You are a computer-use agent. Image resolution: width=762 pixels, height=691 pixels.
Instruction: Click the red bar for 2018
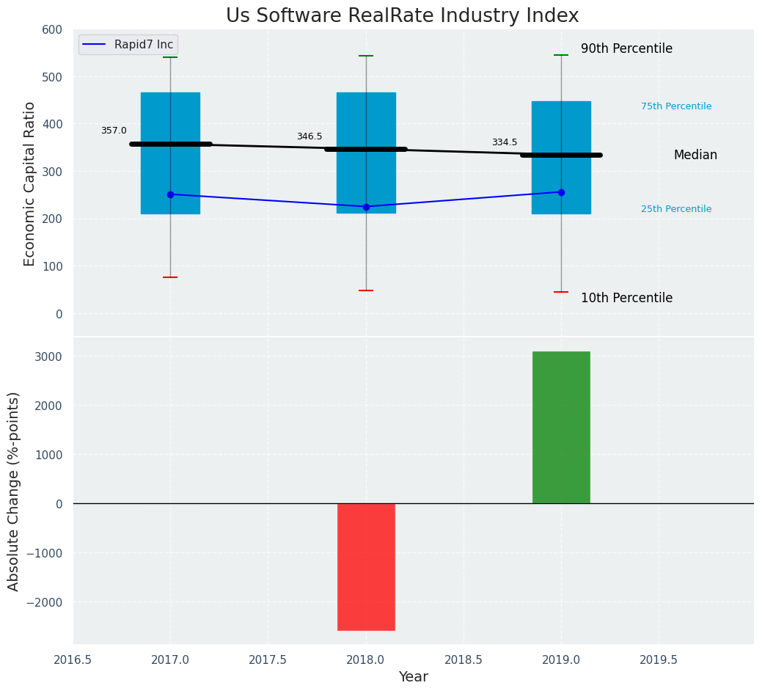pos(366,566)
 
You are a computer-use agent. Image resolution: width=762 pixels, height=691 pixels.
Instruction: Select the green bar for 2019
pos(561,427)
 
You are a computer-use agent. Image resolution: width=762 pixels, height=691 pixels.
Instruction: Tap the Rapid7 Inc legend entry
pos(128,45)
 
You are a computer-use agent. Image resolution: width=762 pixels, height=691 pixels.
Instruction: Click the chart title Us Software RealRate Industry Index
pos(402,16)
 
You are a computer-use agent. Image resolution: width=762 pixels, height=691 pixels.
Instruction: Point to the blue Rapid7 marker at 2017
pos(170,194)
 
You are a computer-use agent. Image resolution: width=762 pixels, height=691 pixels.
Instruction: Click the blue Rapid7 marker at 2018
pos(366,207)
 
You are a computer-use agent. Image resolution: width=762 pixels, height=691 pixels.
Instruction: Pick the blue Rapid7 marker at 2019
pos(561,192)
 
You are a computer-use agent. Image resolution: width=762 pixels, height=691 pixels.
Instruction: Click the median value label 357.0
pos(114,131)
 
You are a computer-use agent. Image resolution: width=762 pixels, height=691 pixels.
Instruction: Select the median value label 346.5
pos(309,136)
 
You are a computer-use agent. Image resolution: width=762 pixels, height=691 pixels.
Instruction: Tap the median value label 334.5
pos(505,142)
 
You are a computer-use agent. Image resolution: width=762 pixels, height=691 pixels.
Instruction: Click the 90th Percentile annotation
pos(626,49)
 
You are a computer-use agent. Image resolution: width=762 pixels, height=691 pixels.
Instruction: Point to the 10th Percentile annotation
pos(626,299)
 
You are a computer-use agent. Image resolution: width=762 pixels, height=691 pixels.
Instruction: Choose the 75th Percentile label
pos(676,106)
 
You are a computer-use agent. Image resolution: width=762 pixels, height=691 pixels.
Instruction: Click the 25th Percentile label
pos(676,209)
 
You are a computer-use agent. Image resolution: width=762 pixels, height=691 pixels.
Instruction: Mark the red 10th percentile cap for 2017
pos(170,277)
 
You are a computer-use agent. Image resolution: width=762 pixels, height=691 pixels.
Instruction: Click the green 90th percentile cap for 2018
pos(366,56)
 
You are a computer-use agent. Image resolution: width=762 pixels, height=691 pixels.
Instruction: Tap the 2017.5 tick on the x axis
pos(268,660)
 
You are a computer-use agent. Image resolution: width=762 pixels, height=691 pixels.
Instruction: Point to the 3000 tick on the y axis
pos(48,357)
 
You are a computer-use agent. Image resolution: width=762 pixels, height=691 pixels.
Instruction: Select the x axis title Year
pos(414,677)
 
